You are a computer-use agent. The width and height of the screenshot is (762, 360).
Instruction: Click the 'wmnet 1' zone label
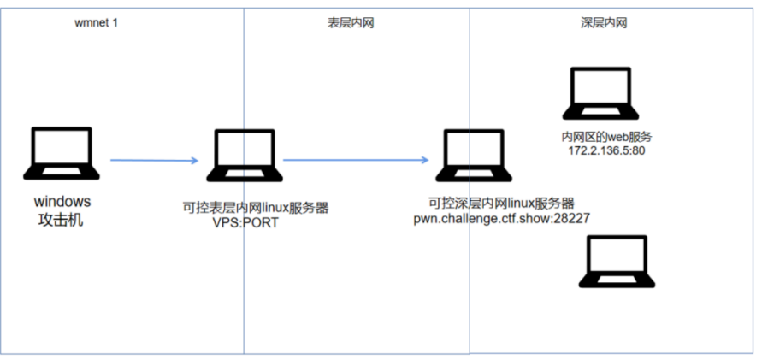[96, 23]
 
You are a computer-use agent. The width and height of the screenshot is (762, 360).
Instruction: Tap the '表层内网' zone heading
[351, 23]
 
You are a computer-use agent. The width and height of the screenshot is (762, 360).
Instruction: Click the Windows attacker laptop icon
[62, 154]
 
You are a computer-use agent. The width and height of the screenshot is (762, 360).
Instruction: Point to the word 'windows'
[62, 201]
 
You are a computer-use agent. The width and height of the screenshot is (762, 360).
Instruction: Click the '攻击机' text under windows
[61, 220]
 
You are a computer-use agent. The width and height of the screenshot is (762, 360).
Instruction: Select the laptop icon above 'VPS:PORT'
[245, 156]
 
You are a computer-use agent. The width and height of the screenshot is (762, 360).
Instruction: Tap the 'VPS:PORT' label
[245, 223]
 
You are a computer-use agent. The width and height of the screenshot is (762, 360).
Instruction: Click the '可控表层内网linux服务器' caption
[256, 208]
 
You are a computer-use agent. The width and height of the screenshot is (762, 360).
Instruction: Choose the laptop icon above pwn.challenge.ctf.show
[473, 156]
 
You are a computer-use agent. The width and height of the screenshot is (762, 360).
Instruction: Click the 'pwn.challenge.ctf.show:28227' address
[501, 219]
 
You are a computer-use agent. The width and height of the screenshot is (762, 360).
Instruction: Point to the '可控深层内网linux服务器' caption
[501, 203]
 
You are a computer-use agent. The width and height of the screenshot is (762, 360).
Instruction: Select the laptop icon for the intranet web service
[600, 93]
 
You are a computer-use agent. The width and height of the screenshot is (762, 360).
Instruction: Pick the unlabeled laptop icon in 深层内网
[617, 262]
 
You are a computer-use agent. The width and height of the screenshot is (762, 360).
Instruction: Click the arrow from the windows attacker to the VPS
[155, 160]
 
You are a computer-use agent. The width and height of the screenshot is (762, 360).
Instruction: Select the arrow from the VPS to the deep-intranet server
[356, 159]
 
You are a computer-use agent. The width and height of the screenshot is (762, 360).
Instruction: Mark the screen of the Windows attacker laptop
[62, 147]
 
